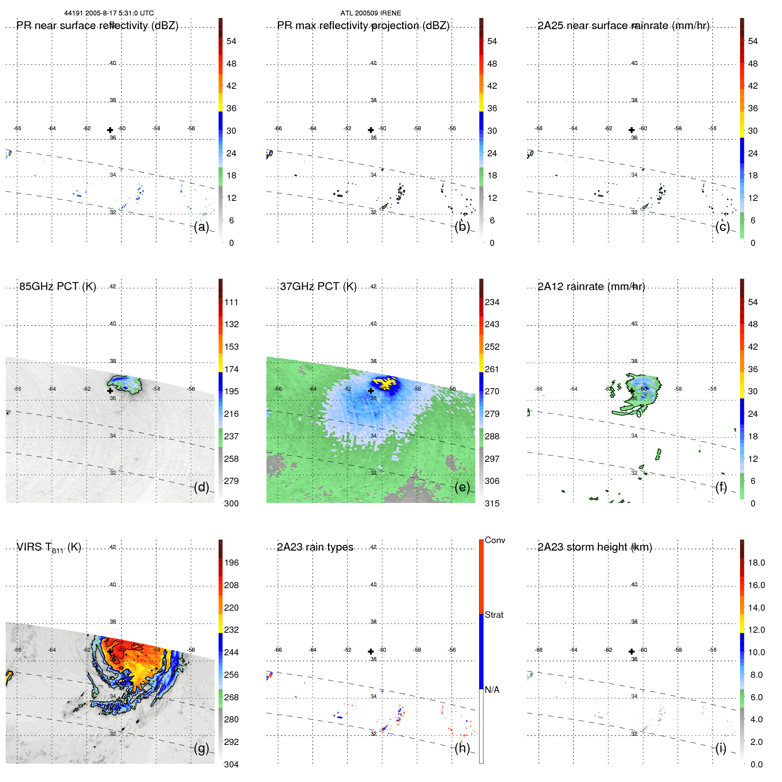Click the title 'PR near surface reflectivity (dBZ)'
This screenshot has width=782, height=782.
(x=97, y=26)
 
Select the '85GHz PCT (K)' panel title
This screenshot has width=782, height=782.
(x=57, y=287)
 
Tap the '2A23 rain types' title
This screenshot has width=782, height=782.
(x=315, y=547)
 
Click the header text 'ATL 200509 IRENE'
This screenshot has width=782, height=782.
(x=370, y=13)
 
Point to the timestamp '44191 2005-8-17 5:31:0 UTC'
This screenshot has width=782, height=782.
(x=109, y=13)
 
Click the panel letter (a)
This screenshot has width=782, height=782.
(x=201, y=227)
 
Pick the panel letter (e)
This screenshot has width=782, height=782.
(x=462, y=487)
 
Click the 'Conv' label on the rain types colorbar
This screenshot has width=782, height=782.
(x=495, y=540)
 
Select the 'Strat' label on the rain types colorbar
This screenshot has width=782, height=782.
(x=494, y=615)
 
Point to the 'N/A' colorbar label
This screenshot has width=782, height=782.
(x=492, y=690)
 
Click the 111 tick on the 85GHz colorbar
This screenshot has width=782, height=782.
(x=231, y=302)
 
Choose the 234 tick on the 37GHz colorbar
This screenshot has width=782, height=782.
(x=492, y=302)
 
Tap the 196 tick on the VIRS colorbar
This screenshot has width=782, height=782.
(x=231, y=563)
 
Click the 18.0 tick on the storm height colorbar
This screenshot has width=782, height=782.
(x=756, y=563)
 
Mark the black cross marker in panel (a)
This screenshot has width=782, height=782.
(x=110, y=130)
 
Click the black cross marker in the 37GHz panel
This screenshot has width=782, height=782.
(x=371, y=390)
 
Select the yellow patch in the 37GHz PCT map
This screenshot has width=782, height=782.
(x=384, y=382)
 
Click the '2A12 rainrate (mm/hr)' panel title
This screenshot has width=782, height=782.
(x=591, y=287)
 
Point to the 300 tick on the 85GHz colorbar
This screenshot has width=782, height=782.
(x=231, y=503)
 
